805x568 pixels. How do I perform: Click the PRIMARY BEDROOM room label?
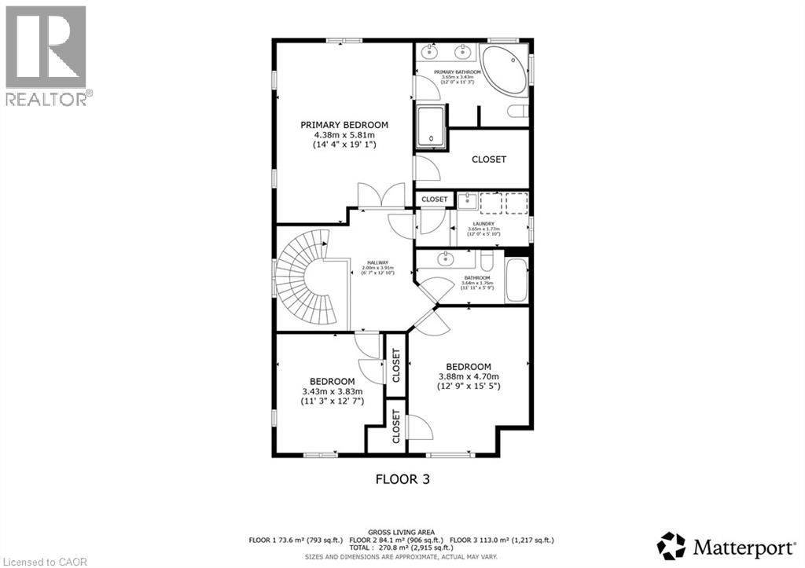tap(344, 125)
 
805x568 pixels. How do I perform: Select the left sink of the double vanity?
tap(429, 53)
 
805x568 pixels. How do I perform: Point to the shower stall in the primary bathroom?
tap(431, 126)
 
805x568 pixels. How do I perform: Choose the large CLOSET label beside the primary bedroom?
tap(489, 159)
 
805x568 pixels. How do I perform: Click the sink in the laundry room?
tap(466, 201)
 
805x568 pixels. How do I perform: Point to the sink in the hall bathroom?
tap(447, 258)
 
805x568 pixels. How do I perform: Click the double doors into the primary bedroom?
tap(381, 196)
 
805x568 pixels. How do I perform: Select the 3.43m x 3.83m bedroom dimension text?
tap(331, 390)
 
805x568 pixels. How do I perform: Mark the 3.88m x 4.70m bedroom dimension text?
tap(469, 376)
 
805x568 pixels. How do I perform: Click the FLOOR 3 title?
tap(402, 478)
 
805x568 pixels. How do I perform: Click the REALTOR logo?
tap(47, 55)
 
